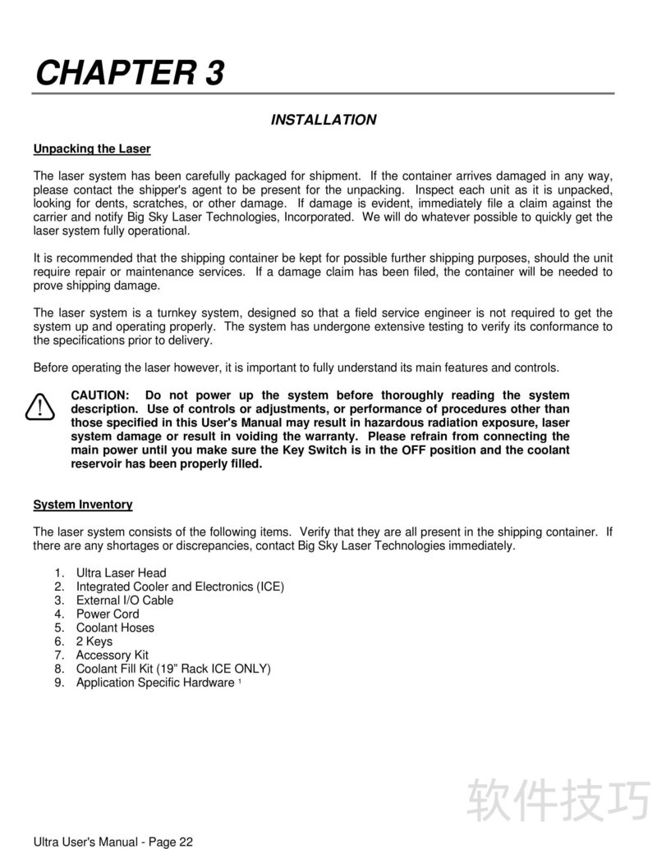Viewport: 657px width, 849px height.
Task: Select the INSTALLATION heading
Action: pos(324,120)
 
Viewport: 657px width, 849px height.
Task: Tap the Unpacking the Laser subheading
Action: pos(92,149)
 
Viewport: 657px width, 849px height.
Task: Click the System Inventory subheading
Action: pos(82,504)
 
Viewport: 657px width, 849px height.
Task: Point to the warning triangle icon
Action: pos(39,407)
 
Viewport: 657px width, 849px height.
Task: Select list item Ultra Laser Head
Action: pos(121,573)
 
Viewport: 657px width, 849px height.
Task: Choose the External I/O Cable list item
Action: pos(125,600)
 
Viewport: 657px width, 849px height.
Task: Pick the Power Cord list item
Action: pos(108,614)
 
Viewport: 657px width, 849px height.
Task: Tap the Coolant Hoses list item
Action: pos(115,628)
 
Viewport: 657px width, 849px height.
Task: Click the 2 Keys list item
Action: pos(94,641)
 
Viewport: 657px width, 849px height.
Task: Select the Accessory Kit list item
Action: pos(113,655)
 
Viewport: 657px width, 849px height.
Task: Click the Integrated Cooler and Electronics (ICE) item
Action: pos(180,587)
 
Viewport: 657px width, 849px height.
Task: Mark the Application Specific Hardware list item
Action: pos(155,682)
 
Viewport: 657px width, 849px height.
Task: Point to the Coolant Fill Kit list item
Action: pos(173,669)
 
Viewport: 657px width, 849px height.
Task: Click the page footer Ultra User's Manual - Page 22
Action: pos(113,842)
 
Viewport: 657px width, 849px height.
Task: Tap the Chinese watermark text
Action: pos(558,800)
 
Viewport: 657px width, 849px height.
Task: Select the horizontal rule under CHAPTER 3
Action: pos(323,94)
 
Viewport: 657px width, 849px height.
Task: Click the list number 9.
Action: pos(59,682)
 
